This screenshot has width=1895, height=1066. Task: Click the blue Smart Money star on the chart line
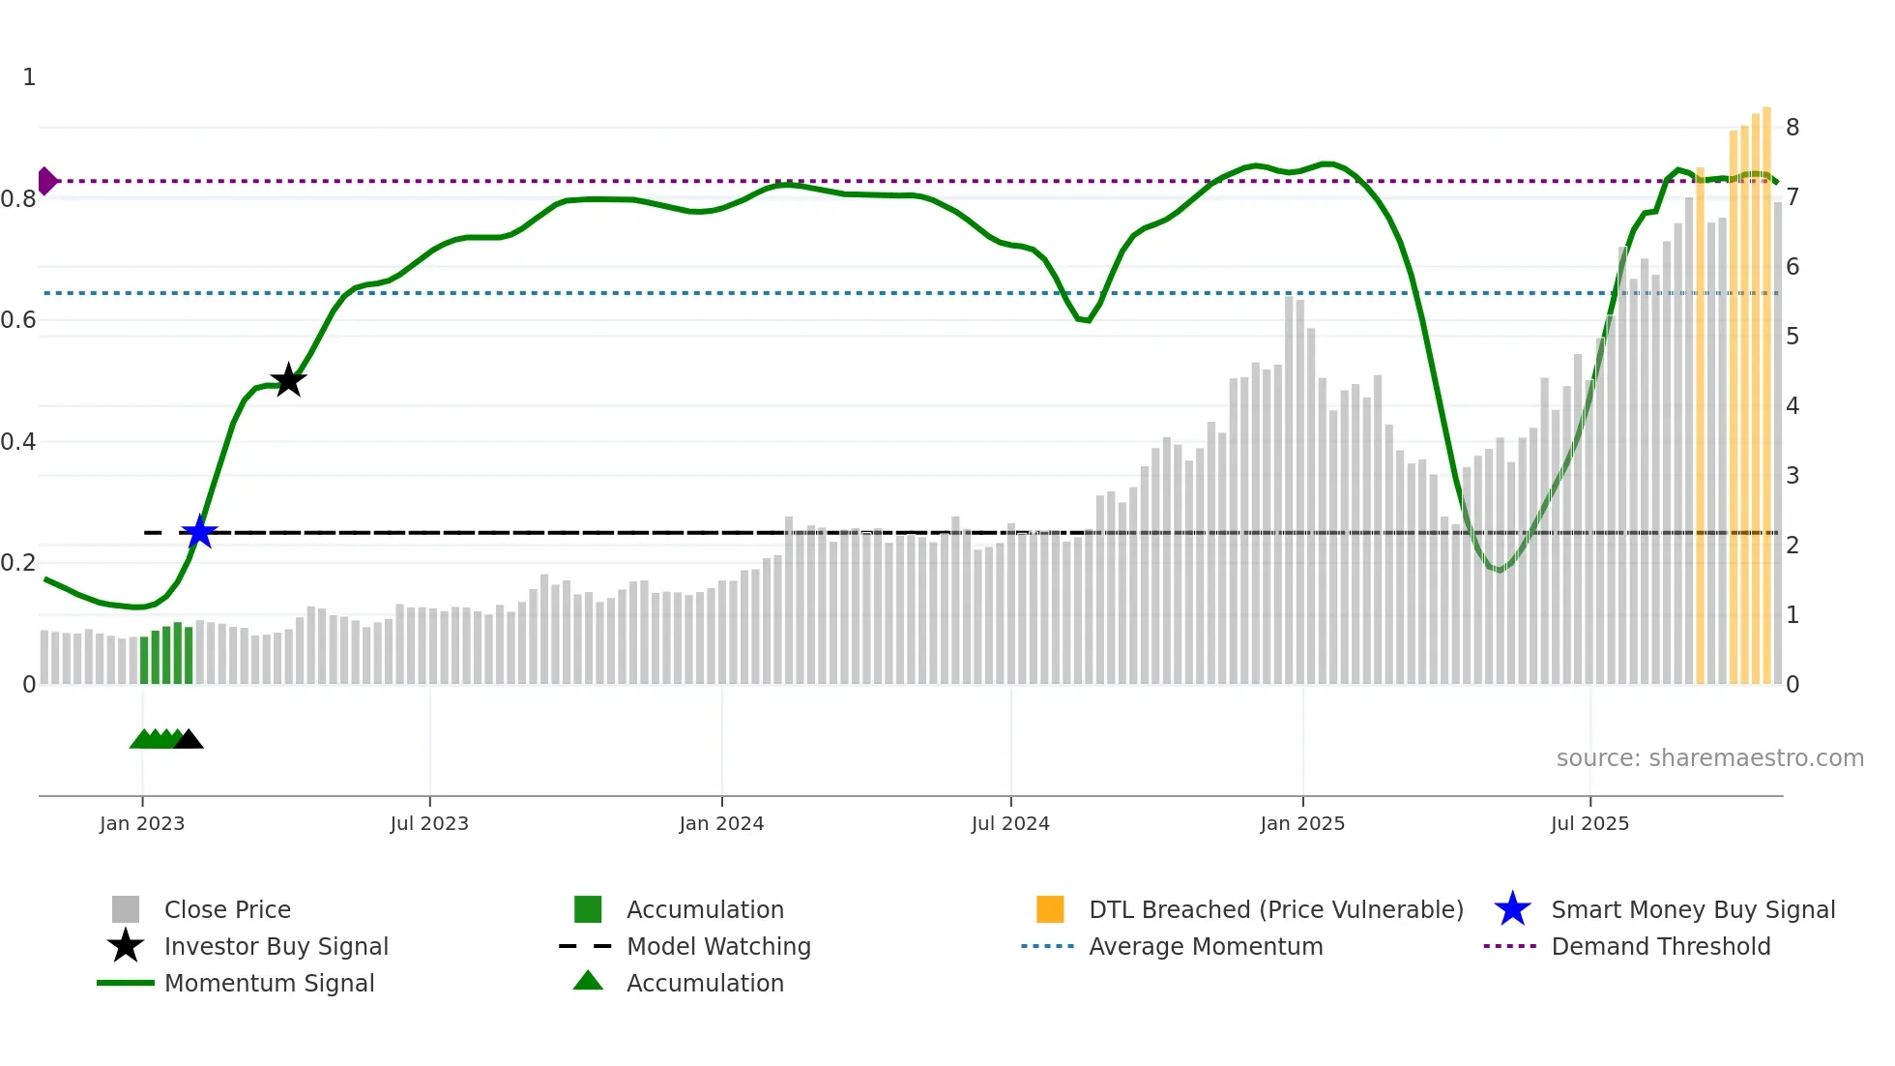pos(199,532)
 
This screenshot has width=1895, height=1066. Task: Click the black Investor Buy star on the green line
pos(288,380)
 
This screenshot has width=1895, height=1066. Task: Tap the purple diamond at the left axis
pos(46,181)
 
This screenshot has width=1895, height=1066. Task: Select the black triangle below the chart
pos(189,740)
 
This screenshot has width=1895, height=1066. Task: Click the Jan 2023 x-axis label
pos(142,823)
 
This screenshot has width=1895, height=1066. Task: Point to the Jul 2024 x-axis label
pos(1010,823)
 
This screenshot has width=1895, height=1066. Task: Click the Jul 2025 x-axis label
pos(1589,823)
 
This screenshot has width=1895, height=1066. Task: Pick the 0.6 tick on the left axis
pos(18,320)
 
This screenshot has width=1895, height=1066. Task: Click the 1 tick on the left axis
pos(29,77)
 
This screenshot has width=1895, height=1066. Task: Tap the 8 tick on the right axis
pos(1793,128)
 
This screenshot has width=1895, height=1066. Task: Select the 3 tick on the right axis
pos(1793,476)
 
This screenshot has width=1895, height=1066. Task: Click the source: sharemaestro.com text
pos(1709,758)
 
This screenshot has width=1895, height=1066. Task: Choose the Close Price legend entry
pos(227,910)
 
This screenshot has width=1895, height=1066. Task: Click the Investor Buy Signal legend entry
pos(276,947)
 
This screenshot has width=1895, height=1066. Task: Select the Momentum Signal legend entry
pos(269,984)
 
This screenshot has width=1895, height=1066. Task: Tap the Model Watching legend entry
pos(718,947)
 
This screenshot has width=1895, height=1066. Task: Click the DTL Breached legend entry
pos(1275,910)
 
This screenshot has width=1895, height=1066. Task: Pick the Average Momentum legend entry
pos(1206,947)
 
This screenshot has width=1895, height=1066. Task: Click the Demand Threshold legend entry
pos(1660,947)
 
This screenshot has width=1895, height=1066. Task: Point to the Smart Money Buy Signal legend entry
pos(1693,910)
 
